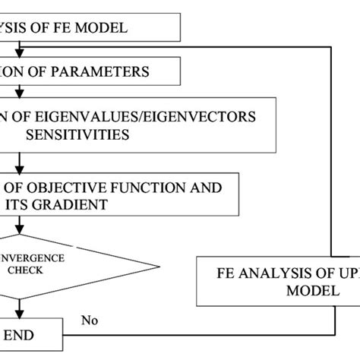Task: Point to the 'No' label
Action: [91, 320]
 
